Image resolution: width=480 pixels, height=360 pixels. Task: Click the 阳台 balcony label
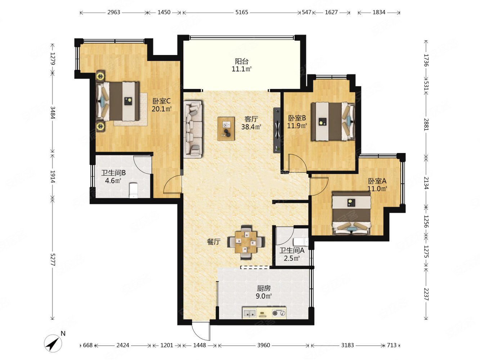tap(242, 62)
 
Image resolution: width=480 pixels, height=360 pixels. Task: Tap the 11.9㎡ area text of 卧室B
tap(297, 126)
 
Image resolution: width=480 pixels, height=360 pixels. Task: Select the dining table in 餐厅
tap(246, 242)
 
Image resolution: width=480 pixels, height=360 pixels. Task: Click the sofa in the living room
tap(193, 129)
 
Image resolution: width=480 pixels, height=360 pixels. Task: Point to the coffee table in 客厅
tap(226, 129)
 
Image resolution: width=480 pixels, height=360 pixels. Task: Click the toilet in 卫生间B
tap(133, 190)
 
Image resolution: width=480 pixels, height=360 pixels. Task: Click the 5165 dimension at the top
tap(242, 12)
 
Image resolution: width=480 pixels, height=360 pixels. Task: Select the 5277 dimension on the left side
tap(53, 260)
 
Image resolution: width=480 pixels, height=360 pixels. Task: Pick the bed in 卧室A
tap(351, 213)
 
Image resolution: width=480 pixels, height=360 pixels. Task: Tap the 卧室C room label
tap(161, 101)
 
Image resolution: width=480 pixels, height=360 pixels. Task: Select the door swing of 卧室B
tap(297, 163)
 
